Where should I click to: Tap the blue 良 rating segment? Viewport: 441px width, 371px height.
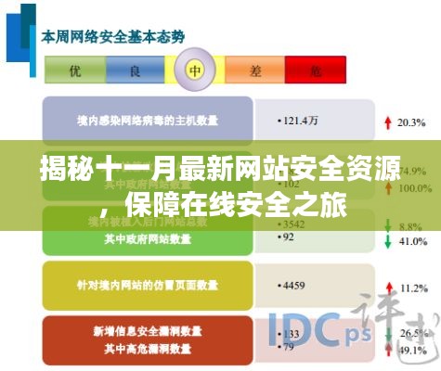[x=136, y=70]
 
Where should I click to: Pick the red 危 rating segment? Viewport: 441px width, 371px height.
[x=316, y=70]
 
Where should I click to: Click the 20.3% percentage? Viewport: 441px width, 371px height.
[x=409, y=122]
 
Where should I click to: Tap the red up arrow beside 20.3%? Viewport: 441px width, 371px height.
[x=384, y=122]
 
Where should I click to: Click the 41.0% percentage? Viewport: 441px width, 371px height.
[x=409, y=239]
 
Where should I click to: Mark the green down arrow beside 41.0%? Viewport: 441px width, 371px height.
[x=384, y=239]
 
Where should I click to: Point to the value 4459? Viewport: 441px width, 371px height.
[x=292, y=283]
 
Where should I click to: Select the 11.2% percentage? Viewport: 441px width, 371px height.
[x=409, y=283]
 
